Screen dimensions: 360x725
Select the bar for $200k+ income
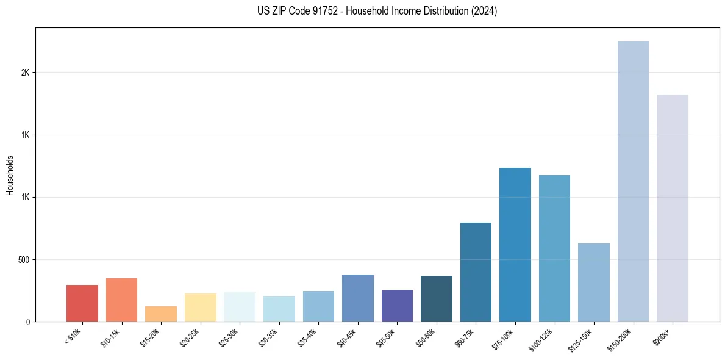click(x=672, y=208)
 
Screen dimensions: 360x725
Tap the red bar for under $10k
click(x=82, y=303)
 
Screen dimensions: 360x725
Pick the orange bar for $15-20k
click(x=161, y=314)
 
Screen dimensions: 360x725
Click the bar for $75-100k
click(x=515, y=245)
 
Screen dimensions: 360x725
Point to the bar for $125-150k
click(x=593, y=283)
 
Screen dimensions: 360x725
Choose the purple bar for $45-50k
click(x=397, y=306)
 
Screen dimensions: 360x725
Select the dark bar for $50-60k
click(x=436, y=298)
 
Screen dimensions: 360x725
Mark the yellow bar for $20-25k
click(x=200, y=308)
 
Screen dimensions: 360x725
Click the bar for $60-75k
click(x=476, y=272)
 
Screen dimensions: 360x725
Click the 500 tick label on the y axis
click(x=24, y=260)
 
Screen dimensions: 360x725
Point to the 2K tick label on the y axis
click(x=25, y=73)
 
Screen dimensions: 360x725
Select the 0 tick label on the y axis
click(x=28, y=322)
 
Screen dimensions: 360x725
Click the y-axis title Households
click(x=10, y=175)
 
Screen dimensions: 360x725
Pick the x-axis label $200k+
click(x=662, y=335)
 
